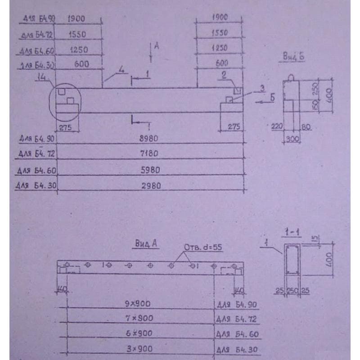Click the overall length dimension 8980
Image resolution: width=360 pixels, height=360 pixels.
(148, 139)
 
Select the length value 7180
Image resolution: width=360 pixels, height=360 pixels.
(148, 154)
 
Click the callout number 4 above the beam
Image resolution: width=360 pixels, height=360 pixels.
(121, 69)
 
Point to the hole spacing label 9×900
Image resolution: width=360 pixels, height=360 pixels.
(138, 304)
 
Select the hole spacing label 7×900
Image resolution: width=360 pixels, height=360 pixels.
(139, 318)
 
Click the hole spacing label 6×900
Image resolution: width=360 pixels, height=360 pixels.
(139, 333)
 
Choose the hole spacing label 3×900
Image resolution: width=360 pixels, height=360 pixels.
(139, 349)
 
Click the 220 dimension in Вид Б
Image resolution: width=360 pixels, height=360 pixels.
(276, 127)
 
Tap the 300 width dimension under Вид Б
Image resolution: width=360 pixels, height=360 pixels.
(292, 139)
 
